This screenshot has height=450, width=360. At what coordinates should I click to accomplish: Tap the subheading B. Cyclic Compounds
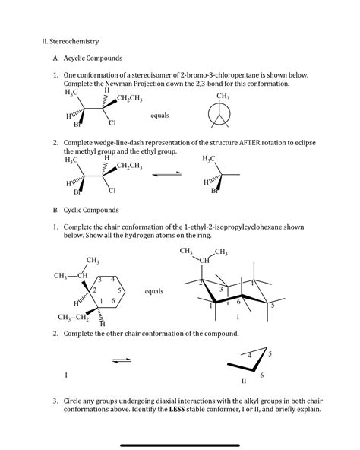[x=84, y=209]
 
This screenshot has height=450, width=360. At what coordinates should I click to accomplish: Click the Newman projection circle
[x=223, y=116]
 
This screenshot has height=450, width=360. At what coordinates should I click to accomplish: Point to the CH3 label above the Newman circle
[x=223, y=97]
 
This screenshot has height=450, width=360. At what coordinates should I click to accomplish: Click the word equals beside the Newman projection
[x=160, y=116]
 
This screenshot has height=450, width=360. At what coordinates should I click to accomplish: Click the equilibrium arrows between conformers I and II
[x=122, y=360]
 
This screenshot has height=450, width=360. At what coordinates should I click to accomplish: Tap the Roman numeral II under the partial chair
[x=244, y=380]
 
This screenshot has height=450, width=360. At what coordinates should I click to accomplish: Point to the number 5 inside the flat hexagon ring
[x=121, y=291]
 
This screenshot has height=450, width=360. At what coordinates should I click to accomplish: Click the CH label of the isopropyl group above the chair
[x=204, y=261]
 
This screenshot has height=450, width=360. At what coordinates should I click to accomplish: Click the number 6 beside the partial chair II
[x=262, y=375]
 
